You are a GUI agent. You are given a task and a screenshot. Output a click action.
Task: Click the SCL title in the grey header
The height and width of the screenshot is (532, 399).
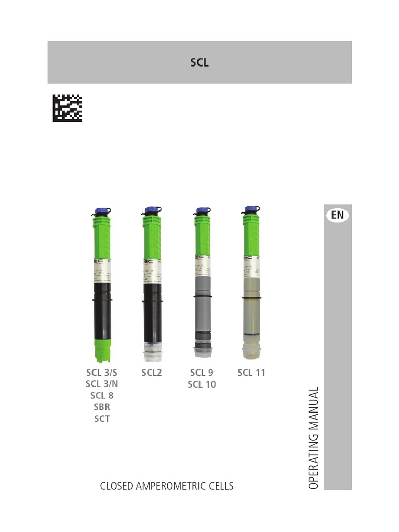point(199,63)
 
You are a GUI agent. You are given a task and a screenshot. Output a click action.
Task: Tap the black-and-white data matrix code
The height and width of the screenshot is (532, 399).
point(67,108)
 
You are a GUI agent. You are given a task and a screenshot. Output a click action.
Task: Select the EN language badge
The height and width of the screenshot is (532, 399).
point(337,215)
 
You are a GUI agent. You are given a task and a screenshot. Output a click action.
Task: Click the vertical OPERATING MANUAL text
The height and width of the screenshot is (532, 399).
point(313,437)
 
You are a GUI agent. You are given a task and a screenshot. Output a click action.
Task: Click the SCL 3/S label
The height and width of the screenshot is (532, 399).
point(102,373)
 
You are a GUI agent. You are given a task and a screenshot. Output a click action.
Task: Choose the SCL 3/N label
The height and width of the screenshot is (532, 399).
point(102,384)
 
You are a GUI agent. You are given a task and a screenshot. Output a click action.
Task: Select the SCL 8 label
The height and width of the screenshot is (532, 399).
point(102,396)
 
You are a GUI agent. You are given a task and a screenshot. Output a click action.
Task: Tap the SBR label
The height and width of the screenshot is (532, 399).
point(102,407)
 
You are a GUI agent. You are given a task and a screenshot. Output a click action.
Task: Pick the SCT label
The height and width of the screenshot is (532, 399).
point(102,419)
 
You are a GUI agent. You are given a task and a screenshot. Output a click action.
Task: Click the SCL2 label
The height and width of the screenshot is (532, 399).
point(152,373)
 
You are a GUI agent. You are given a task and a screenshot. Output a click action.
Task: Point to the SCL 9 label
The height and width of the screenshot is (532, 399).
point(202,373)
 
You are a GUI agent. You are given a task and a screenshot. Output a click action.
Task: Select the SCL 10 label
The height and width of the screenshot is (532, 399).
point(202,384)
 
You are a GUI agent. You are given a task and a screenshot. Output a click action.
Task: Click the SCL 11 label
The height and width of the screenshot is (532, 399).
point(251,373)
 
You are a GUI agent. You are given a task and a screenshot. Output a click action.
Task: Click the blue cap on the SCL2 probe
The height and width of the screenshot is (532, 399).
point(152,210)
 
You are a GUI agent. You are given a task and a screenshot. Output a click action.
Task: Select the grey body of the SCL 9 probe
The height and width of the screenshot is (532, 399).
point(202,312)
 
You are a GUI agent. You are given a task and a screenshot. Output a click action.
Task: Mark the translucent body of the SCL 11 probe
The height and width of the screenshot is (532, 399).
point(252,317)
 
